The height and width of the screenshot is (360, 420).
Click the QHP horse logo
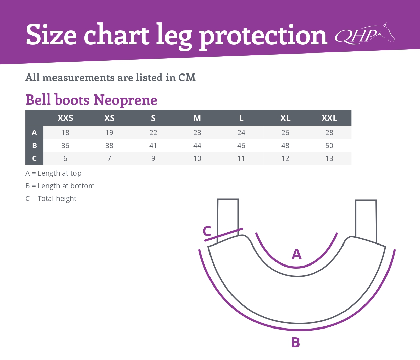(364, 34)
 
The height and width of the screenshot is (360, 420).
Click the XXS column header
(65, 118)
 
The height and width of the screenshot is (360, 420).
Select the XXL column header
(329, 118)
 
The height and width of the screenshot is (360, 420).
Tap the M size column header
(197, 118)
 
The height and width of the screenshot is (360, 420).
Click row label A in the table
(34, 133)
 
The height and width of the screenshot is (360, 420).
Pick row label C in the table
(34, 158)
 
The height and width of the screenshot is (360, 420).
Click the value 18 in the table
(65, 133)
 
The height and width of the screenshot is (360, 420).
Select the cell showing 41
(153, 145)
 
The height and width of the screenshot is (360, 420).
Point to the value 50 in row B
(329, 145)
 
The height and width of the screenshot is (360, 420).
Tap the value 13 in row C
(329, 158)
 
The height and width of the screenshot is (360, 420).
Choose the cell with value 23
(197, 133)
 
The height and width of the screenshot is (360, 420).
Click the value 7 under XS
(109, 158)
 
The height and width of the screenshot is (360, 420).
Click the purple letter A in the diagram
(296, 254)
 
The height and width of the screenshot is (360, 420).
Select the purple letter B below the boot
(295, 342)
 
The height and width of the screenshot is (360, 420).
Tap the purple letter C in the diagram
(207, 231)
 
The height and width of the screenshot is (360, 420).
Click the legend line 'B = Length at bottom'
(60, 186)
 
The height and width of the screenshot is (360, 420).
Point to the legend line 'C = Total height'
(51, 198)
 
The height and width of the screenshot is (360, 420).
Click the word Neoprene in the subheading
(125, 100)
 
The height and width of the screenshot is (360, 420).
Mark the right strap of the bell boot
(366, 221)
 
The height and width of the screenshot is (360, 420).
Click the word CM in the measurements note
(187, 77)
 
